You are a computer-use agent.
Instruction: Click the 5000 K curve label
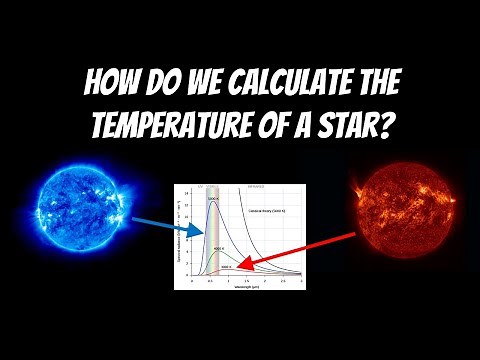point(213,199)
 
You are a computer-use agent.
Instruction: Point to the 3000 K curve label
point(227,266)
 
